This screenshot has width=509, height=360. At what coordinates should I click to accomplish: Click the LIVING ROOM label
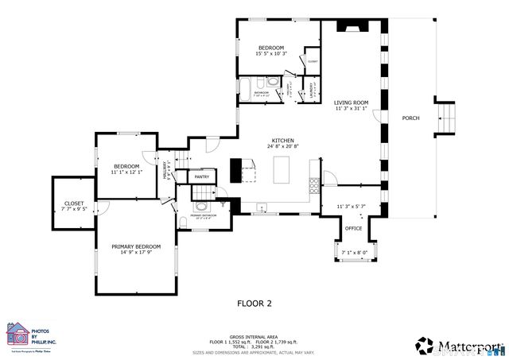pyautogui.click(x=351, y=102)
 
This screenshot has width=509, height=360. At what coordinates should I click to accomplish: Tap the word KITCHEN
pyautogui.click(x=282, y=140)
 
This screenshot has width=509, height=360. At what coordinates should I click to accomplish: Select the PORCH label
pyautogui.click(x=410, y=118)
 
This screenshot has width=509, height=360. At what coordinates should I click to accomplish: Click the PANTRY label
pyautogui.click(x=202, y=176)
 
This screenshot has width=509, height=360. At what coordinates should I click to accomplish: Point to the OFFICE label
pyautogui.click(x=354, y=228)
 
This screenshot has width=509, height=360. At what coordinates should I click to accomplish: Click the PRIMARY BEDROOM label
pyautogui.click(x=136, y=246)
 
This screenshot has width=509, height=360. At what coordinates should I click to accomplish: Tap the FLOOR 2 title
pyautogui.click(x=254, y=303)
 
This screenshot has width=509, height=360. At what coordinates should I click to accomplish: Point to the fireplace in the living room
pyautogui.click(x=350, y=27)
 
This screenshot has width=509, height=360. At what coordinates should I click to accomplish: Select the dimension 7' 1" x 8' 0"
pyautogui.click(x=354, y=253)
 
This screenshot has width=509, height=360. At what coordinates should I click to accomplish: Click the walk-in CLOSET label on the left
pyautogui.click(x=73, y=203)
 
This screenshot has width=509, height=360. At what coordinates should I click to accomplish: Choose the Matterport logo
pyautogui.click(x=460, y=344)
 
